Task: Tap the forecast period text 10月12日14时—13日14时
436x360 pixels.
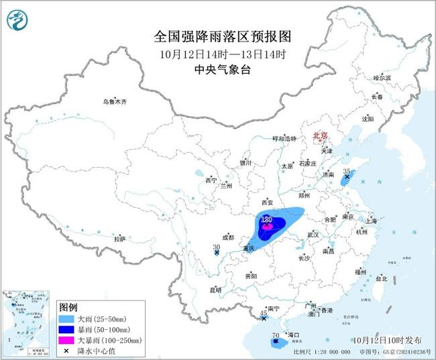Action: coord(217,54)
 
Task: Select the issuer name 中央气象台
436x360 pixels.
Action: coord(217,69)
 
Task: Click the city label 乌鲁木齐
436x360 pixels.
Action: coord(114,102)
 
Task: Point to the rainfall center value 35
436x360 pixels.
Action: coord(347,172)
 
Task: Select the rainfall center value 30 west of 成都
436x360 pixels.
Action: coord(216,247)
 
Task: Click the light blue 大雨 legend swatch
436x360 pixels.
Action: coord(66,317)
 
